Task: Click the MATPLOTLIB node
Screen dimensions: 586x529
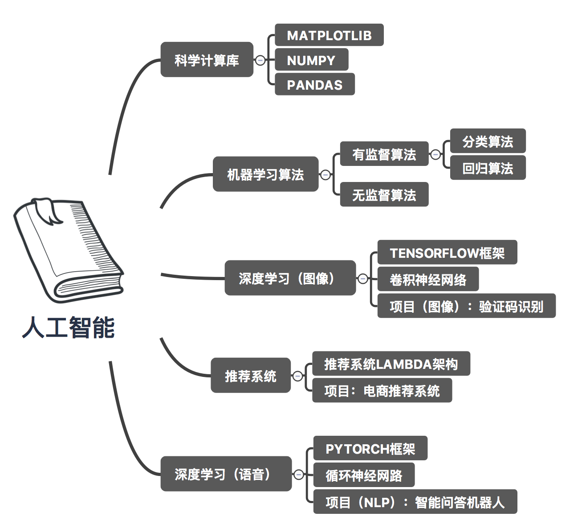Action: (329, 35)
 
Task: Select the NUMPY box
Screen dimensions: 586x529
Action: (311, 60)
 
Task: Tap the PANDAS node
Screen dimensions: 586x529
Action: (315, 84)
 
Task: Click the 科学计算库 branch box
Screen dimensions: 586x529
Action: (207, 59)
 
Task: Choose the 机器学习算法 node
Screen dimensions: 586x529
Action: (265, 174)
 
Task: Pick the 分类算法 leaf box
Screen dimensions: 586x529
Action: (488, 141)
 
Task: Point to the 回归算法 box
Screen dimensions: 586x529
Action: (488, 167)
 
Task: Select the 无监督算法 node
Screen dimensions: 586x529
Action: (384, 194)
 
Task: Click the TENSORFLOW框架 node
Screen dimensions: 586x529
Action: (447, 252)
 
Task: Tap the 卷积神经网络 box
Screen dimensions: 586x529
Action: (428, 279)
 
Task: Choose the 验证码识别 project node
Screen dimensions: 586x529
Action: (467, 306)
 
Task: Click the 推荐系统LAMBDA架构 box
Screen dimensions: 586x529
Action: (391, 364)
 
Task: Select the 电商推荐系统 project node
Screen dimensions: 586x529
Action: (382, 390)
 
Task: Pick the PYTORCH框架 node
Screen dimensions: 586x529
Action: (370, 448)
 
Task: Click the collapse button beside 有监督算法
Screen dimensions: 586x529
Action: (435, 154)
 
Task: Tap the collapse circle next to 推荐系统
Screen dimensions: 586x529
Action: (297, 376)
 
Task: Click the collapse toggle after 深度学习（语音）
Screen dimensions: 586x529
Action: (298, 475)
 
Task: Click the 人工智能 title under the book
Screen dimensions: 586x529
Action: (69, 327)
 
